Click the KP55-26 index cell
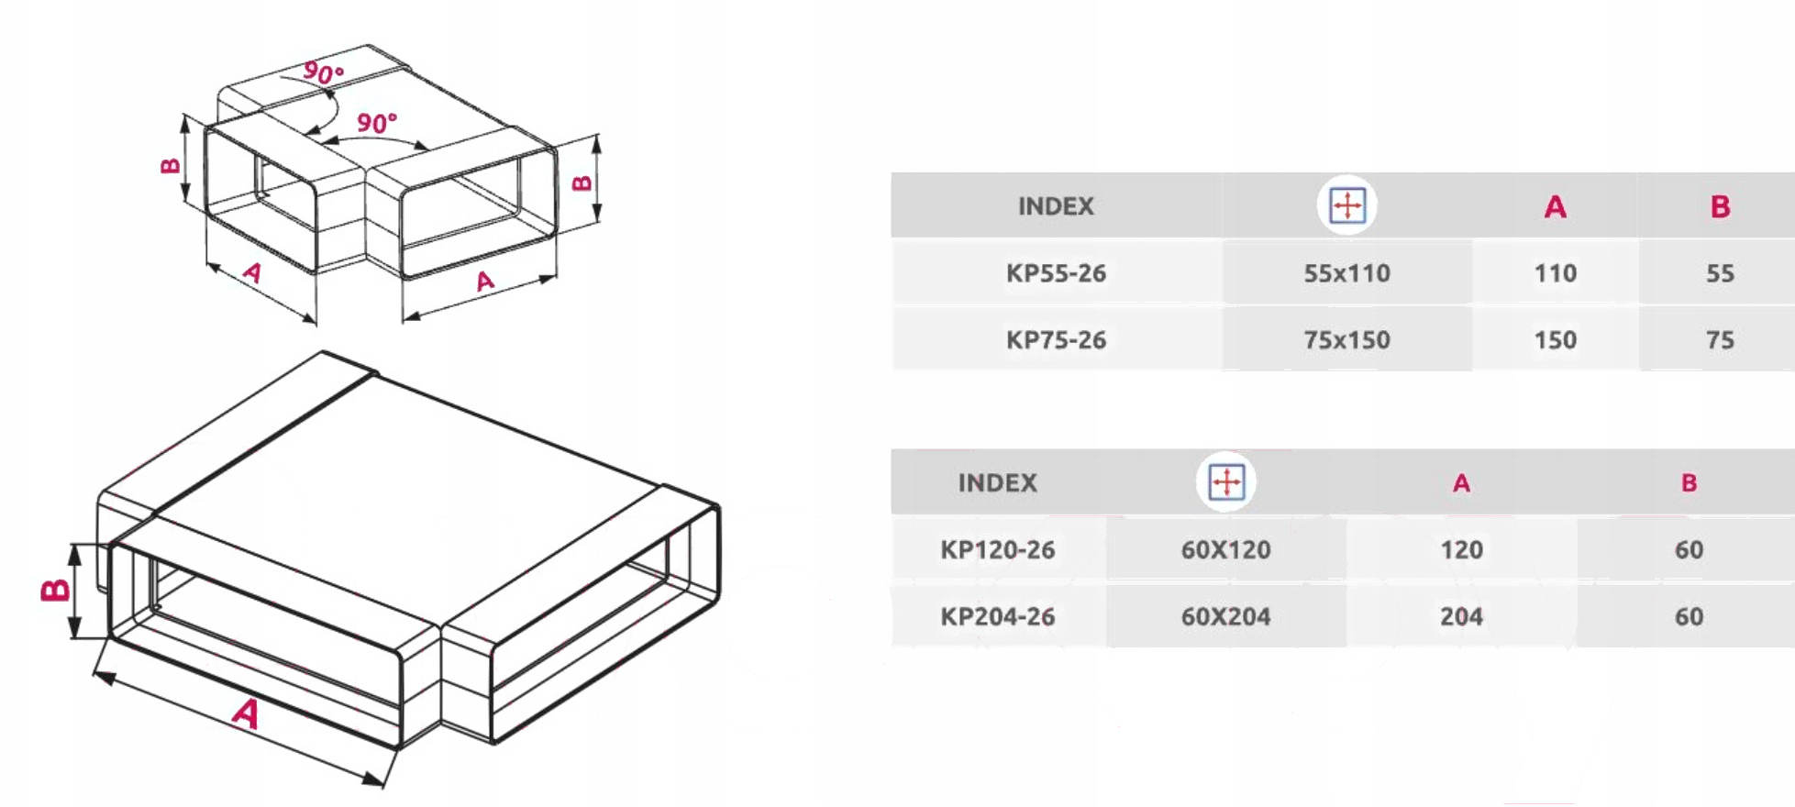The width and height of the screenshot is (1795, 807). [1056, 273]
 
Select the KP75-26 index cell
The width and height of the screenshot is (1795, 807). [1056, 340]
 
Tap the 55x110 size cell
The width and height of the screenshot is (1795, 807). [1346, 273]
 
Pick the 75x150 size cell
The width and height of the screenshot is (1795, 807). [1346, 340]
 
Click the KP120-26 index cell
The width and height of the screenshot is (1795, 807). [997, 550]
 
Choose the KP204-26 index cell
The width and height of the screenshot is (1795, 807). [997, 616]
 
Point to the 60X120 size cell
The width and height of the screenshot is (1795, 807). [1225, 550]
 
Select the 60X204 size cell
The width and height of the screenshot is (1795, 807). [1225, 616]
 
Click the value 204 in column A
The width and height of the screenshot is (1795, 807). [1461, 616]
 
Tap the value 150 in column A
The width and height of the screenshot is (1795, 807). [1556, 340]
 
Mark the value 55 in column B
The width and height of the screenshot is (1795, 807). [1720, 273]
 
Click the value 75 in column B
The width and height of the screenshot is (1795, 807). [1720, 340]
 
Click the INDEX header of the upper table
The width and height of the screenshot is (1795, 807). [1056, 206]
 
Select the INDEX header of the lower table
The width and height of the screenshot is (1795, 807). [997, 483]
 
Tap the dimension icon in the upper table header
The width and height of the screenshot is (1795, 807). [1346, 205]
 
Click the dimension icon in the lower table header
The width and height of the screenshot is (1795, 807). [1226, 481]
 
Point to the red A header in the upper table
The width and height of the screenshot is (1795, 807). [1555, 207]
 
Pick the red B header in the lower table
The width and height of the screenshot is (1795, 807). [1689, 483]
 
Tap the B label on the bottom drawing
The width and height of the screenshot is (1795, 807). [55, 591]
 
